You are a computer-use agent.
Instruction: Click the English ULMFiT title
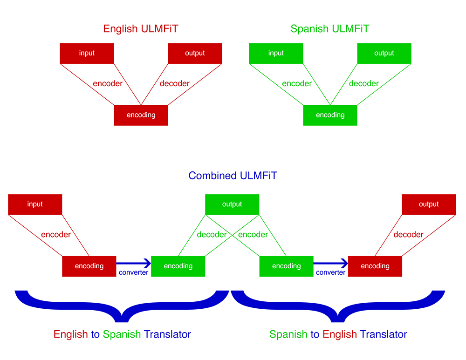[140, 29]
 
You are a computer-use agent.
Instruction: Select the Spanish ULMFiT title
[329, 29]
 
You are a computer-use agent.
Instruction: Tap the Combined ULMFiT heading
[233, 176]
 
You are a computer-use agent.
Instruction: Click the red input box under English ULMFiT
[87, 53]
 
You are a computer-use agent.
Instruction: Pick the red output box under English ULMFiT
[195, 53]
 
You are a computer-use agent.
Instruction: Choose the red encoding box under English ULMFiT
[141, 115]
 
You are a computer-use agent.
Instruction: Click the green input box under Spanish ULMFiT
[276, 53]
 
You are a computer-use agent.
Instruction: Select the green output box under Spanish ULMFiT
[384, 53]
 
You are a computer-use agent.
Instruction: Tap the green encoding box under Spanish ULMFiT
[330, 115]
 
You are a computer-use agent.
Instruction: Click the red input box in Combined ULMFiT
[35, 204]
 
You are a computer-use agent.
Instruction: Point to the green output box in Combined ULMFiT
[232, 204]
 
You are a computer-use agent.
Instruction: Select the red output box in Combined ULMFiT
[429, 204]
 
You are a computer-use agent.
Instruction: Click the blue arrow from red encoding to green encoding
[134, 264]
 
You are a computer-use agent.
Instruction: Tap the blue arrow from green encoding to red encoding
[331, 264]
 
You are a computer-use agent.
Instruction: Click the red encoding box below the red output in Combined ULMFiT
[375, 266]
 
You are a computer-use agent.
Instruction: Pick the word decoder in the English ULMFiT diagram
[174, 84]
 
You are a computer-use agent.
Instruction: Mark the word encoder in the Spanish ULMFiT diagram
[297, 84]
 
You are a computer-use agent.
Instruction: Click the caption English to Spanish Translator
[122, 334]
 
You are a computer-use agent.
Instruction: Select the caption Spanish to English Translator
[338, 334]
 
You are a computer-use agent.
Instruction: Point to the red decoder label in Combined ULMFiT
[408, 235]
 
